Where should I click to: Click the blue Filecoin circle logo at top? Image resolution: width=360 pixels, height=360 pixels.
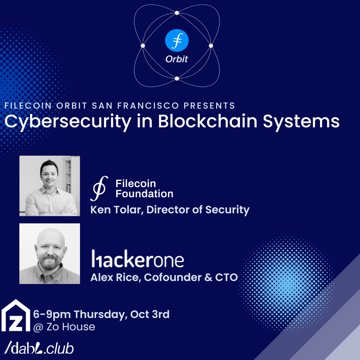[x=177, y=40]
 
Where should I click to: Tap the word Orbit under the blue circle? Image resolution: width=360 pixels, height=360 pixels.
[x=177, y=59]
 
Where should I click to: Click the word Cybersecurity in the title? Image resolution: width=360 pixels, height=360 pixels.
[x=68, y=122]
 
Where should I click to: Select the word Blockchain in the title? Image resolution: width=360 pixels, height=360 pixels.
[x=208, y=121]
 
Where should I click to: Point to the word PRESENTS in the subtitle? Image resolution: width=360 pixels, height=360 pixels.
[x=209, y=106]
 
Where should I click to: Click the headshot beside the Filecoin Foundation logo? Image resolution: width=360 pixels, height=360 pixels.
[x=50, y=186]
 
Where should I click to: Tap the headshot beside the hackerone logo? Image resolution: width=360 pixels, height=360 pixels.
[x=50, y=253]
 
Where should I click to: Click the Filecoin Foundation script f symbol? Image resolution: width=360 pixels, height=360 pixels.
[x=99, y=188]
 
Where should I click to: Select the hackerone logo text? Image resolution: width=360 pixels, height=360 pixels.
[x=138, y=259]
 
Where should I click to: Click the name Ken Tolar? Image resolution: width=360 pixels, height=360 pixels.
[x=117, y=210]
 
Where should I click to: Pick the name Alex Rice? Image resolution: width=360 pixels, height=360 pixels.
[x=115, y=277]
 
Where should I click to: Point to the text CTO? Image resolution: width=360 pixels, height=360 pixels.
[x=226, y=277]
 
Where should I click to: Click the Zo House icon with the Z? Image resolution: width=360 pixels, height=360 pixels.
[x=16, y=315]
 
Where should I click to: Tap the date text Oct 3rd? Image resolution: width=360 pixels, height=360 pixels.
[x=150, y=314]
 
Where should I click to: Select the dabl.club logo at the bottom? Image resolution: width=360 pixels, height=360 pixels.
[x=39, y=348]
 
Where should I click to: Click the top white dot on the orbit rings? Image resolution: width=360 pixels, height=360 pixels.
[x=177, y=13]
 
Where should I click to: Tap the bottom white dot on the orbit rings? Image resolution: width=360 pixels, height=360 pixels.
[x=177, y=79]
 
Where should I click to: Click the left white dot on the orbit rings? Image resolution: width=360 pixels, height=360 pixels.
[x=143, y=46]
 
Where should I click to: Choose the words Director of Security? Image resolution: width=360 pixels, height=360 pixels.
[x=198, y=210]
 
